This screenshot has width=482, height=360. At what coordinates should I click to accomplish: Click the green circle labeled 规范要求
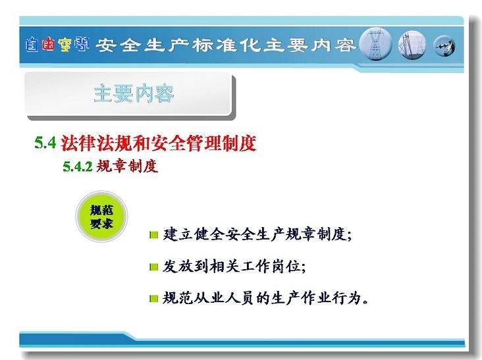tap(101, 217)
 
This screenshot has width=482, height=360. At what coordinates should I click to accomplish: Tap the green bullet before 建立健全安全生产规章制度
tap(153, 236)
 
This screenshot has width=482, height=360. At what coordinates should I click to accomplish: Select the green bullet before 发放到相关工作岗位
tap(153, 267)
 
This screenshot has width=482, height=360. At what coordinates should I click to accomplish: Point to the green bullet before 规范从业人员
tap(153, 299)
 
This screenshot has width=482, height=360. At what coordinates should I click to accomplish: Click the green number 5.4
tap(45, 143)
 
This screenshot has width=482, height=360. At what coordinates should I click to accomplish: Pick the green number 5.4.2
tap(78, 167)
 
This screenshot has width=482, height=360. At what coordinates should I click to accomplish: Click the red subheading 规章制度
tap(127, 166)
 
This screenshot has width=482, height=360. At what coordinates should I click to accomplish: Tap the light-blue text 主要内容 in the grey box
tap(134, 93)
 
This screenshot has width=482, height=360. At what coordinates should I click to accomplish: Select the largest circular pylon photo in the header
tap(375, 44)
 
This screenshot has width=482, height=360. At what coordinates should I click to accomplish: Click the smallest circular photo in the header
tap(444, 46)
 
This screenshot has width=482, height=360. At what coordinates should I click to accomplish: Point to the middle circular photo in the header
tap(412, 45)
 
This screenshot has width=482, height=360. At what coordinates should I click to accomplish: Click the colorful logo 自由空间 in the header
tap(57, 45)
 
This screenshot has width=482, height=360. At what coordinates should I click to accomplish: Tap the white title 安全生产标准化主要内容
tap(226, 45)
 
